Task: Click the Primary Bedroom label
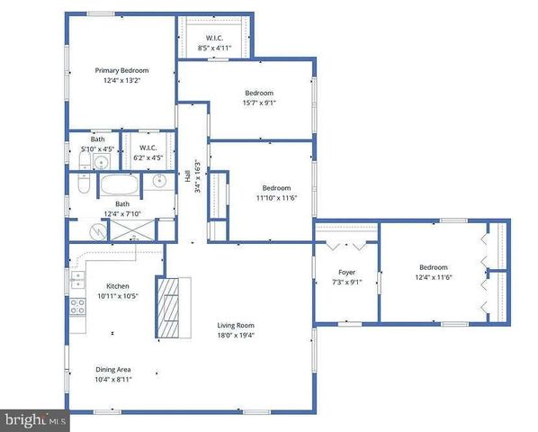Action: point(122,70)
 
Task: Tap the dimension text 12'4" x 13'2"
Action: point(122,81)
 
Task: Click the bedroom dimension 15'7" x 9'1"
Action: point(260,103)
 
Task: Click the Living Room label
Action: point(237,326)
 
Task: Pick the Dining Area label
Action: point(113,369)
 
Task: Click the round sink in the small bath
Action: point(103,163)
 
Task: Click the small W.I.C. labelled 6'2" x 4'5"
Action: point(148,154)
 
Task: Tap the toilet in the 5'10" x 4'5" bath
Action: point(82,162)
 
